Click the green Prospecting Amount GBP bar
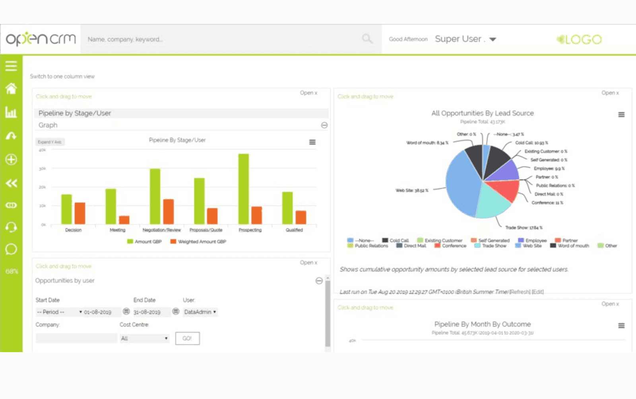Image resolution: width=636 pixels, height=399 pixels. (243, 189)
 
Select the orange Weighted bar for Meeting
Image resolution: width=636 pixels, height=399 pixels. (124, 220)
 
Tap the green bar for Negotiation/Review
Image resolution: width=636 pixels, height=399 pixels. (155, 196)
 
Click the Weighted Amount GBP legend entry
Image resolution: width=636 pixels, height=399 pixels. (198, 242)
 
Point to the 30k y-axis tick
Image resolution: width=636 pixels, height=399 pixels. (43, 169)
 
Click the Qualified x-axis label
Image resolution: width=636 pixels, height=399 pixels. (294, 230)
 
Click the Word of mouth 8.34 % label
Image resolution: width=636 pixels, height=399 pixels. (427, 143)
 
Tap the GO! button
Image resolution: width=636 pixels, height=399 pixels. (187, 339)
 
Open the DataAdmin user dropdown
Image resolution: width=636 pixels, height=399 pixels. (200, 312)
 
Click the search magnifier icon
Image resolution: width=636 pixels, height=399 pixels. (367, 39)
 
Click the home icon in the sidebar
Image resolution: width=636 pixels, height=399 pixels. (11, 88)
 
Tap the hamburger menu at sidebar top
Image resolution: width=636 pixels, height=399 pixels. (11, 66)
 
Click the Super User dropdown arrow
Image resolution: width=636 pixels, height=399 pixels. (493, 39)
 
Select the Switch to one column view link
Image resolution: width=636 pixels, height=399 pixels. (62, 76)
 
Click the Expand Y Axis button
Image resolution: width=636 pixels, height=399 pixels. (50, 142)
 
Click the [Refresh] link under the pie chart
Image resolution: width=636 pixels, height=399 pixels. (520, 292)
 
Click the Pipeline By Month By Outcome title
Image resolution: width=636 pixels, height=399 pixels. (482, 324)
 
